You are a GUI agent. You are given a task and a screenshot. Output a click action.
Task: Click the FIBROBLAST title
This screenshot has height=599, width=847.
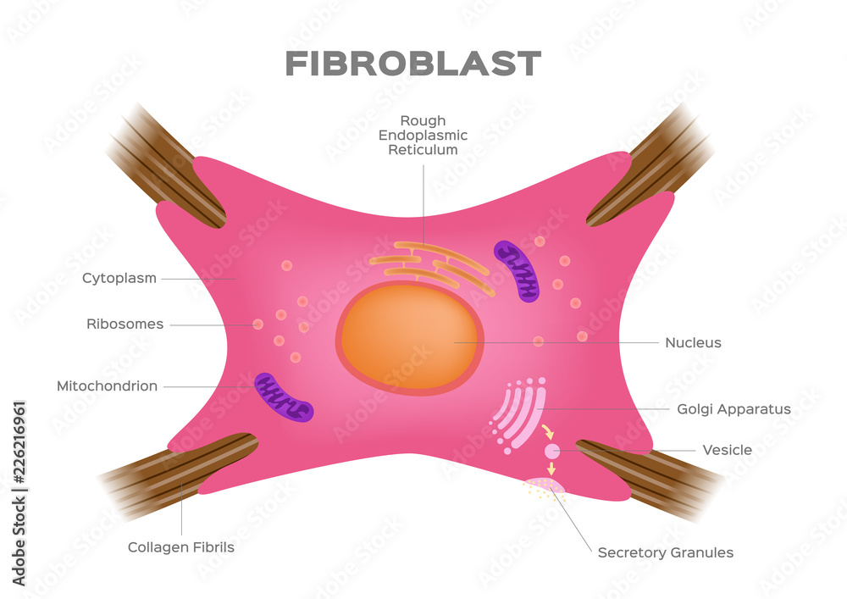[x=412, y=64]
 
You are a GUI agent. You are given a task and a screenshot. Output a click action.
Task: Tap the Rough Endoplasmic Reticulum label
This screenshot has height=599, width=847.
[x=423, y=136]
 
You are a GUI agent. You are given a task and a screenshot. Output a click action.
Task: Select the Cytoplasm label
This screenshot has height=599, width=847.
[x=119, y=278]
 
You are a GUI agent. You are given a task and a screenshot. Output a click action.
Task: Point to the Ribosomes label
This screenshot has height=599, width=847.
[x=125, y=324]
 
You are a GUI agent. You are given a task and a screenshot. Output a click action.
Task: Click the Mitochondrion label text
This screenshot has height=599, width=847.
[x=107, y=386]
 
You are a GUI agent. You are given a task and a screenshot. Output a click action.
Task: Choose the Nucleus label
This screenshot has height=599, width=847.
[x=693, y=343]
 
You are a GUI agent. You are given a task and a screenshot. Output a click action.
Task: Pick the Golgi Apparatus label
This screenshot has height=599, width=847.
[x=734, y=409]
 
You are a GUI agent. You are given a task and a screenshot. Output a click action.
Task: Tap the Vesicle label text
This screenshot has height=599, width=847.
[x=727, y=450]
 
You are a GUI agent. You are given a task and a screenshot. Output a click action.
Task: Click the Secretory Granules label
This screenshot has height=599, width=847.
[x=665, y=552]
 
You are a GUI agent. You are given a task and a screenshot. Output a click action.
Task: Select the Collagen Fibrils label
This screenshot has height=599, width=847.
[x=180, y=547]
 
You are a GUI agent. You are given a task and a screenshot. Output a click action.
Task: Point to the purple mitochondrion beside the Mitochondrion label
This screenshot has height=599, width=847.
[x=284, y=397]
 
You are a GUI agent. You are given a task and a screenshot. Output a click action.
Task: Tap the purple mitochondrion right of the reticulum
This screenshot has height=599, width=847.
[x=517, y=271]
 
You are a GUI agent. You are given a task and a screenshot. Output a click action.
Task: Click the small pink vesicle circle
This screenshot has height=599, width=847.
[x=551, y=452]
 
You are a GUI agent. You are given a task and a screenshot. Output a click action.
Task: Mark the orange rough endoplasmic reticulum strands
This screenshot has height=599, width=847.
[x=428, y=266]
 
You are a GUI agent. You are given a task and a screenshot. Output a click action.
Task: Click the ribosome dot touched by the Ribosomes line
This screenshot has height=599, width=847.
[x=257, y=324]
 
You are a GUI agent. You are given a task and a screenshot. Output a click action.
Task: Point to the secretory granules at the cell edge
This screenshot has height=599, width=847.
[x=544, y=487]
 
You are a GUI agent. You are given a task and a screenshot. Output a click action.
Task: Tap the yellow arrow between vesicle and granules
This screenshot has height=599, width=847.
[x=551, y=469]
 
